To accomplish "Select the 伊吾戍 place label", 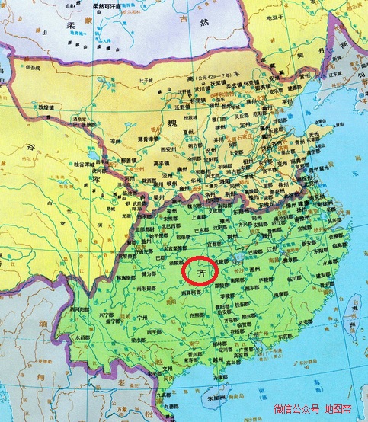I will (x=32, y=68).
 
